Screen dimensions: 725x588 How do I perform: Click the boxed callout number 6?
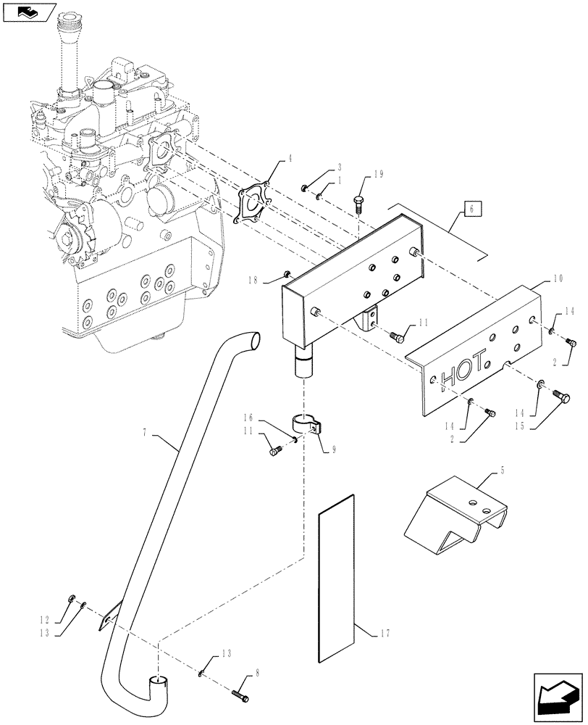[471, 210]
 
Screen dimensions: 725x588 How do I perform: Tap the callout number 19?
[379, 175]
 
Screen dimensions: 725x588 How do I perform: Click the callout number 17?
[384, 634]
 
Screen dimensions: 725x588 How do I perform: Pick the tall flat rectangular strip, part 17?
[337, 579]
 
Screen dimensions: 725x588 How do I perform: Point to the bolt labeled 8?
[241, 695]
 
